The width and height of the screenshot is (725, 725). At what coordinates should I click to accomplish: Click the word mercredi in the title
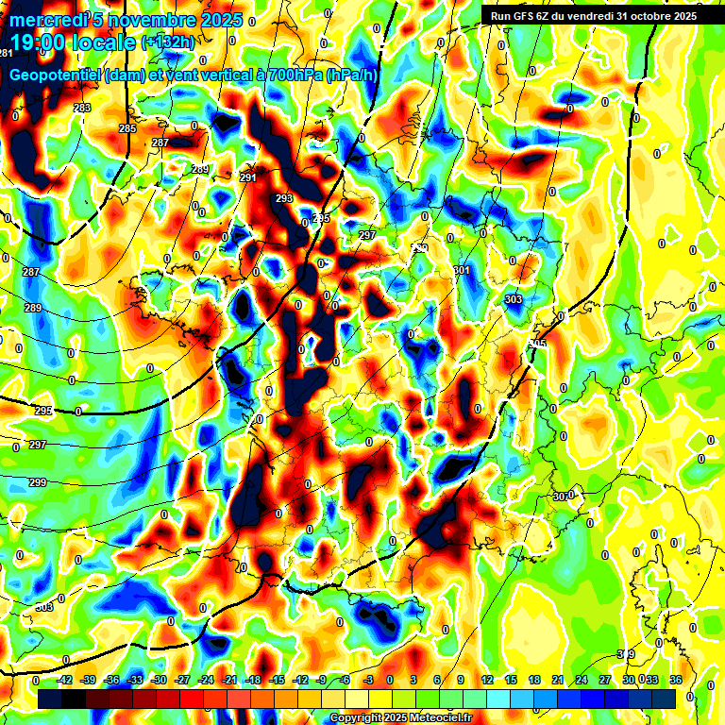(x=45, y=20)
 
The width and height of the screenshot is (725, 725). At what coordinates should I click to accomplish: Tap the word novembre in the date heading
(x=156, y=20)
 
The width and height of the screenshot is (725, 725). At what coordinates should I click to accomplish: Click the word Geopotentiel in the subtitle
(x=56, y=76)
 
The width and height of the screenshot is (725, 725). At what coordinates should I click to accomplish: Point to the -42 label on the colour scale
(x=65, y=680)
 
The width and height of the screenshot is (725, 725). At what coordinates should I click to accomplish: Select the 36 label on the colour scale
(x=676, y=680)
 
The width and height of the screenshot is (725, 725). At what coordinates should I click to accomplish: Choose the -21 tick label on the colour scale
(x=229, y=680)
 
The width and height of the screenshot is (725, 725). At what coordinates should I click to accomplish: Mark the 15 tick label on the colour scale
(x=511, y=680)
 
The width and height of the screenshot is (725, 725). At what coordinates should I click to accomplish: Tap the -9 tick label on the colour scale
(x=322, y=680)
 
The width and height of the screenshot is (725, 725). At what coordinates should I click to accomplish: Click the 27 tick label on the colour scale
(x=605, y=680)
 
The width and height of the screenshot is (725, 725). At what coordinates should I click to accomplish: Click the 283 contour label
(x=82, y=108)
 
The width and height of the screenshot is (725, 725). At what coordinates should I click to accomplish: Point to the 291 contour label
(x=248, y=177)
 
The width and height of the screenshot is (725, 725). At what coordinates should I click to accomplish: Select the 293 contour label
(x=284, y=199)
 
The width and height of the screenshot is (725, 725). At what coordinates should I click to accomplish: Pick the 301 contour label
(x=462, y=271)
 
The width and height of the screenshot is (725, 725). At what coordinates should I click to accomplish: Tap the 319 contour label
(x=626, y=653)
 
